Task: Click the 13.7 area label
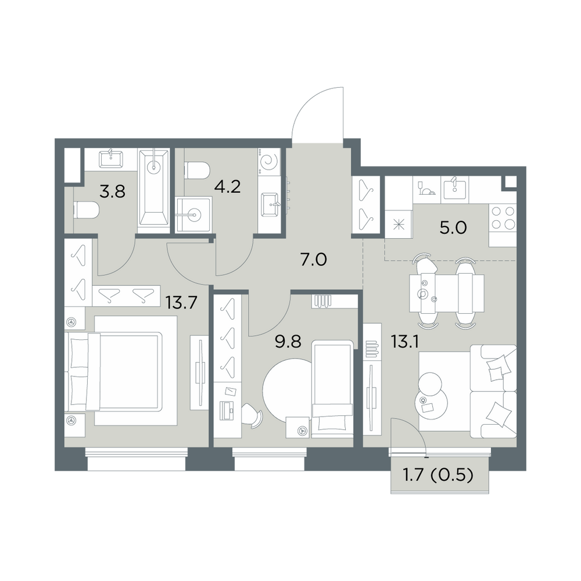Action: pos(181,303)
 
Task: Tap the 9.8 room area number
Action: pos(288,342)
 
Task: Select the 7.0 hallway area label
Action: pos(314,260)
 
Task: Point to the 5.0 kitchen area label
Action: pos(453,228)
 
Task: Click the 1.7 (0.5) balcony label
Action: pos(438,475)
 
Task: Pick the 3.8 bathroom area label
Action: pos(113,192)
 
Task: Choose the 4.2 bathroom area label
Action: pos(228,187)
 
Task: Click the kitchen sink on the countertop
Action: pos(455,189)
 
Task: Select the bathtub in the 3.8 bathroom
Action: pos(154,191)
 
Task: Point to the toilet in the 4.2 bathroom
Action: pos(198,170)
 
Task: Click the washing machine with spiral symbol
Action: pos(270,162)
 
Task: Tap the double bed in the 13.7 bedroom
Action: pos(115,371)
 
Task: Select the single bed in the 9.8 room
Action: pos(332,389)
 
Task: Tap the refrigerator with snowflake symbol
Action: pos(399,224)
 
